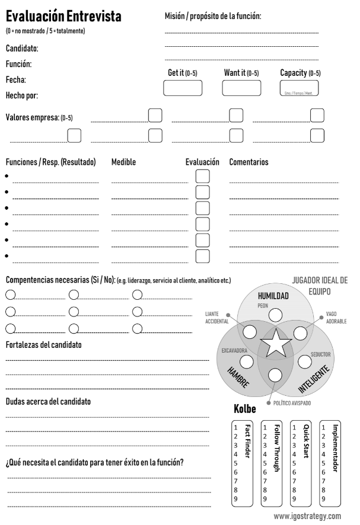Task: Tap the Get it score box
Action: click(x=182, y=88)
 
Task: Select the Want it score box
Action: click(x=241, y=88)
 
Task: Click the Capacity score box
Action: click(x=300, y=88)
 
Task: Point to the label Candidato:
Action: click(x=22, y=47)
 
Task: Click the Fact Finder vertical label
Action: click(x=247, y=439)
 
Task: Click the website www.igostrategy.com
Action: click(x=307, y=516)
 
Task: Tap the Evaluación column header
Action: click(x=203, y=162)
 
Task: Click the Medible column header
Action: click(x=126, y=162)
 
